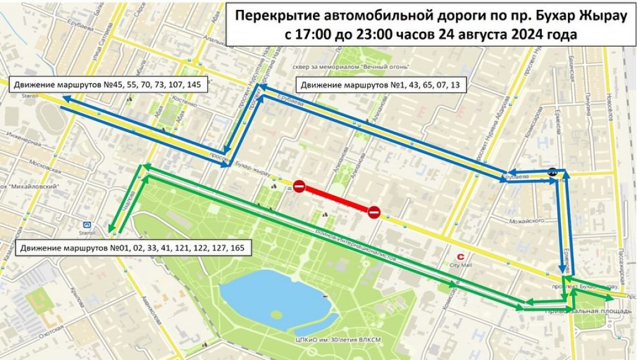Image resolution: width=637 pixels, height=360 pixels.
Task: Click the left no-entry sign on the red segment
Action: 299,187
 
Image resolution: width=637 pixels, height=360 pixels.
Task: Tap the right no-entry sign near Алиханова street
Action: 374,213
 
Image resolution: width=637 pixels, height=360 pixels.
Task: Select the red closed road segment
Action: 337,200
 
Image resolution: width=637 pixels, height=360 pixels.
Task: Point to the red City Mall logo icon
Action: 460,255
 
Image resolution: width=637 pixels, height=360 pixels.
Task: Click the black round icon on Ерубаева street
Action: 552,172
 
